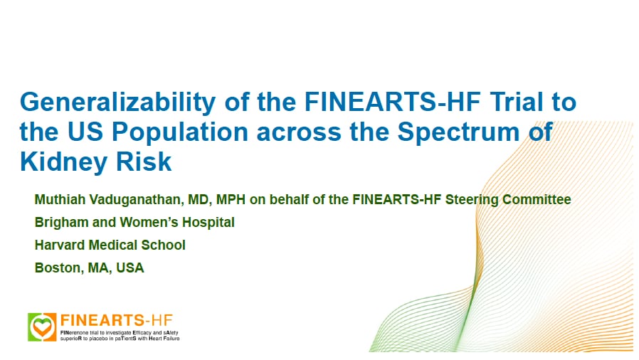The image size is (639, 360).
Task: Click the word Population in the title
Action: pyautogui.click(x=171, y=133)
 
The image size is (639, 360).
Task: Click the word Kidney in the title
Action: pyautogui.click(x=64, y=163)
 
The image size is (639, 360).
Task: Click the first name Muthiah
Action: pyautogui.click(x=58, y=200)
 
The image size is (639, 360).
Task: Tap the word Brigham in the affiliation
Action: pyautogui.click(x=60, y=223)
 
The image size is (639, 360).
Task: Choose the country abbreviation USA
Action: pyautogui.click(x=130, y=268)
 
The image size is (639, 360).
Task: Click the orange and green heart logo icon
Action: pyautogui.click(x=42, y=327)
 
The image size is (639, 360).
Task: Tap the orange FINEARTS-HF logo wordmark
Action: pyautogui.click(x=116, y=319)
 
